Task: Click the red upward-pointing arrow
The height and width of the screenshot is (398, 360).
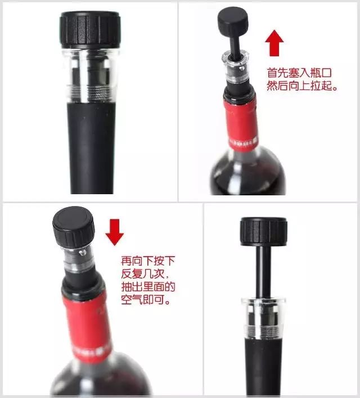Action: pos(274,43)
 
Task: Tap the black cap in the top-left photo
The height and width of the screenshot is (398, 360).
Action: pos(90,30)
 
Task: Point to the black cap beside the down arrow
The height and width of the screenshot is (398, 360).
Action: pos(74,227)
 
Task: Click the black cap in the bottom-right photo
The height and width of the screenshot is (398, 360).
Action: pos(264,232)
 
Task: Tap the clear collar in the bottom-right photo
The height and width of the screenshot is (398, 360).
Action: pos(263,319)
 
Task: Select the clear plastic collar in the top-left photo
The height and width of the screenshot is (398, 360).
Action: pos(91,75)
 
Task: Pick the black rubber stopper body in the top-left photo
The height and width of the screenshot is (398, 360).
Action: pos(91,148)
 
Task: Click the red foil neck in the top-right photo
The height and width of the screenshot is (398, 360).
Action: pos(241,124)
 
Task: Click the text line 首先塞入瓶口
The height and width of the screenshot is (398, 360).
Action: pos(299,73)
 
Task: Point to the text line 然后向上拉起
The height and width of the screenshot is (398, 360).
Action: pos(302,86)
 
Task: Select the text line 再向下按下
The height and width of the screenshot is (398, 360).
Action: pos(148,261)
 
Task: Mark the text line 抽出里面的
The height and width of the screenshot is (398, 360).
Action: pos(148,287)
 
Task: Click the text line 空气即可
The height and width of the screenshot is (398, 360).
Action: pos(145,300)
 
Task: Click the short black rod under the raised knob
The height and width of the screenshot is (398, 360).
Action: pos(234,45)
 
